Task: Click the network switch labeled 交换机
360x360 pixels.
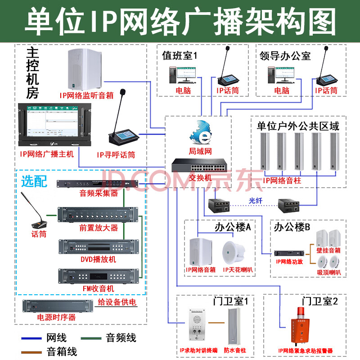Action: pos(198,166)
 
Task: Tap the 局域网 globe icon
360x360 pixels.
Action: pos(201,133)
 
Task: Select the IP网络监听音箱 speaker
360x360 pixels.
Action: pos(85,70)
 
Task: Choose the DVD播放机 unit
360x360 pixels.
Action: pos(98,247)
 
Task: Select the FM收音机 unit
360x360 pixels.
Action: pos(98,275)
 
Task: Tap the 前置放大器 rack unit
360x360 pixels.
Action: pos(98,215)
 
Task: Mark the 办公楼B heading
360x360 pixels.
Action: pos(292,227)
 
